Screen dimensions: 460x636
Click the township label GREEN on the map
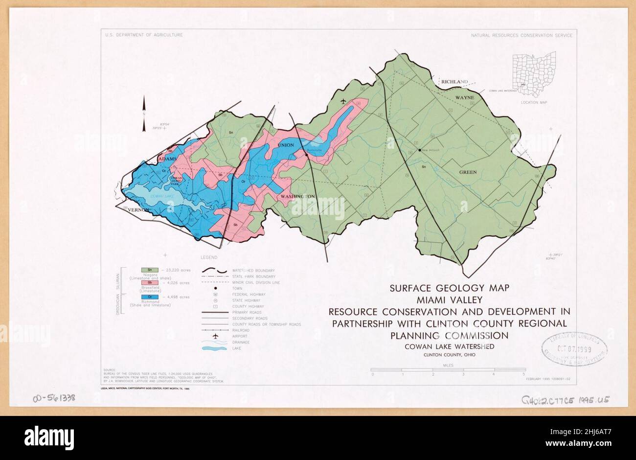point(467,172)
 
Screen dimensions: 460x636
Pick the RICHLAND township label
point(454,82)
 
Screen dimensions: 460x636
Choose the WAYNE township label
point(465,98)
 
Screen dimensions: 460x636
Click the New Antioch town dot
point(419,150)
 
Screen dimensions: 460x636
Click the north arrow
point(144,114)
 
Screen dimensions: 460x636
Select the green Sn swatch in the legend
point(150,270)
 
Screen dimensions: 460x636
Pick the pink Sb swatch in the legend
point(150,283)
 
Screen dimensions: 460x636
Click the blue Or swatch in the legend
point(150,297)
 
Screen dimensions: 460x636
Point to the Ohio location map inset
point(534,74)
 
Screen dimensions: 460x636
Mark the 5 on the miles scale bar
point(523,374)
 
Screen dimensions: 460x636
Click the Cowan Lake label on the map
point(162,196)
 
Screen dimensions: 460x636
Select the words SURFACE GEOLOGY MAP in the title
point(450,288)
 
